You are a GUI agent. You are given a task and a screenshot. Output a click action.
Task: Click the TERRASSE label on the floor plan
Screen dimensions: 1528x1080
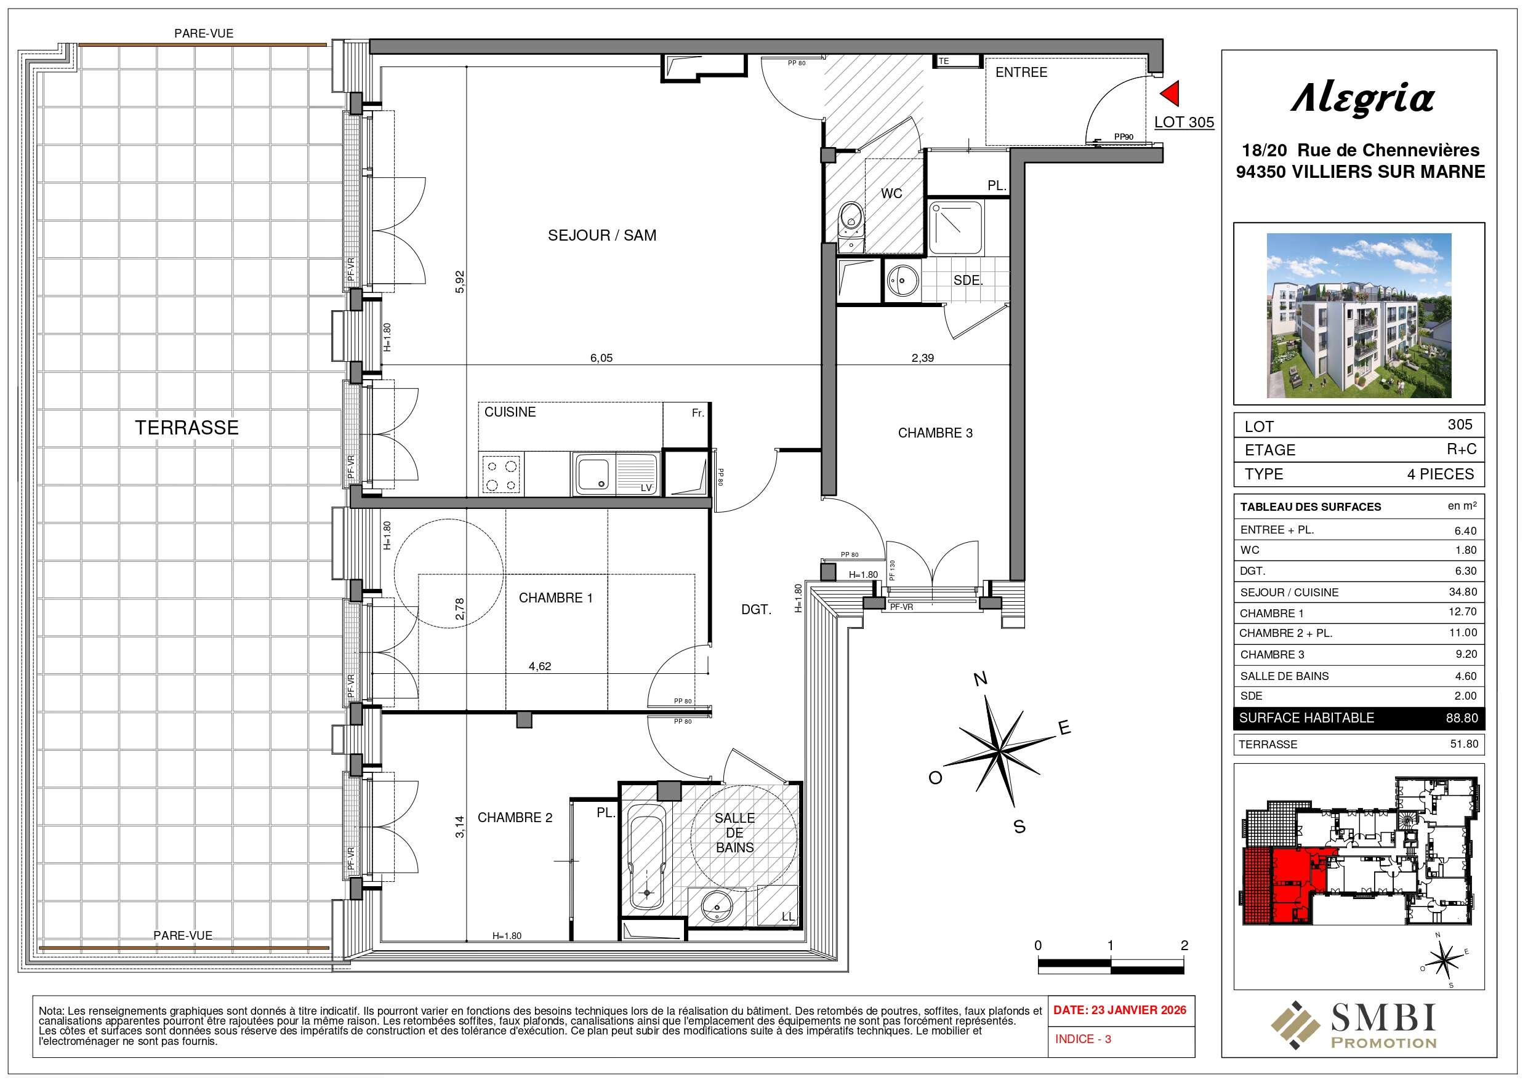tap(187, 427)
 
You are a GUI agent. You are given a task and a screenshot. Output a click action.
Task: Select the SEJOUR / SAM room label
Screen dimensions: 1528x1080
tap(601, 235)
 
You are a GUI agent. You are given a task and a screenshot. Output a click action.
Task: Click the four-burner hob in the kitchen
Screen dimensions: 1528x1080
tap(501, 474)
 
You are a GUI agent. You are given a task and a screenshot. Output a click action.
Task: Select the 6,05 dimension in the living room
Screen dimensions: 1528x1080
tap(601, 358)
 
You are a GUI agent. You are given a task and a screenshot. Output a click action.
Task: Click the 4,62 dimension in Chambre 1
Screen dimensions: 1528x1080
tap(540, 665)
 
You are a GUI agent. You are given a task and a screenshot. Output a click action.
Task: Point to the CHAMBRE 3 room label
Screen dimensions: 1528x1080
tap(935, 433)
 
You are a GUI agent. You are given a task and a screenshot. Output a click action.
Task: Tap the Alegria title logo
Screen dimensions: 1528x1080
tap(1362, 99)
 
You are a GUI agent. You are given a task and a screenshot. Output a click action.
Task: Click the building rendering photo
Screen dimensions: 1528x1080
tap(1358, 316)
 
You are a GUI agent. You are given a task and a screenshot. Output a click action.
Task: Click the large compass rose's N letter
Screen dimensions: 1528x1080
tap(980, 679)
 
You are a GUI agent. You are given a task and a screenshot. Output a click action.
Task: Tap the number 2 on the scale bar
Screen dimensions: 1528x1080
tap(1183, 946)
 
